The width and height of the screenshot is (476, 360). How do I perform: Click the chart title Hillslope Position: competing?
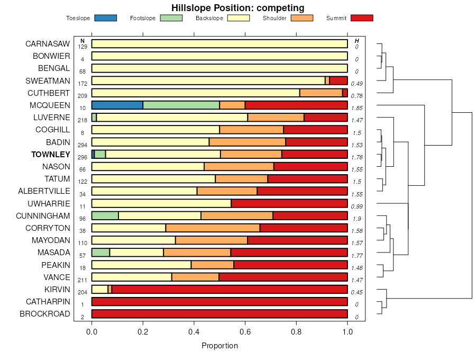click(x=237, y=8)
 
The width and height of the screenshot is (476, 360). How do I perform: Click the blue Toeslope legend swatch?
click(x=105, y=18)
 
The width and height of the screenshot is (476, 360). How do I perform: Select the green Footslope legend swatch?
click(x=171, y=18)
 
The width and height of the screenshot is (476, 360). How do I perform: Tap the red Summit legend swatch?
click(x=362, y=18)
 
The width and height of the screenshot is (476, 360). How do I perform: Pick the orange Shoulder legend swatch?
click(x=302, y=18)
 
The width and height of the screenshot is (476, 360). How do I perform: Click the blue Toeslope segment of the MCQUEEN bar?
click(x=117, y=105)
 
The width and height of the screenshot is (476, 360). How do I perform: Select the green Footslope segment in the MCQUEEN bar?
click(x=181, y=105)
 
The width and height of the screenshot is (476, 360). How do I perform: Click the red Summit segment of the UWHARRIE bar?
click(x=289, y=203)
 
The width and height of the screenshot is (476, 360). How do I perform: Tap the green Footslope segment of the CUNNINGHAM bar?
click(x=105, y=215)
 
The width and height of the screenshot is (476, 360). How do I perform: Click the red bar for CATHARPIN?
click(x=219, y=302)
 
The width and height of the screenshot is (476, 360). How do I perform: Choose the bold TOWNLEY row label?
click(x=51, y=155)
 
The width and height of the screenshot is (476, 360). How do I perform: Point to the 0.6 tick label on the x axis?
click(x=245, y=332)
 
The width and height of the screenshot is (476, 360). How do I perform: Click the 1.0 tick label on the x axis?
click(x=347, y=332)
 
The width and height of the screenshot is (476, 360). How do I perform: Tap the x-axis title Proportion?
click(x=219, y=346)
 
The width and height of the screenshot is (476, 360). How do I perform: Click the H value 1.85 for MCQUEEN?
click(x=357, y=109)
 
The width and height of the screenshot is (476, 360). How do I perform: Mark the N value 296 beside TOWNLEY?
click(x=83, y=158)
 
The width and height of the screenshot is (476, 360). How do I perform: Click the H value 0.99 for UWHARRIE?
click(x=357, y=206)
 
